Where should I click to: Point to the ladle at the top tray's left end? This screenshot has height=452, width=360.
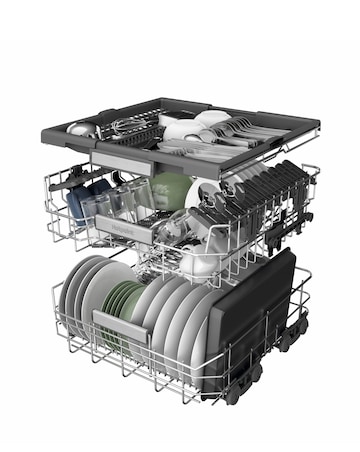click(82, 129)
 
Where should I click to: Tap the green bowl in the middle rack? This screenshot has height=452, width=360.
click(169, 189)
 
